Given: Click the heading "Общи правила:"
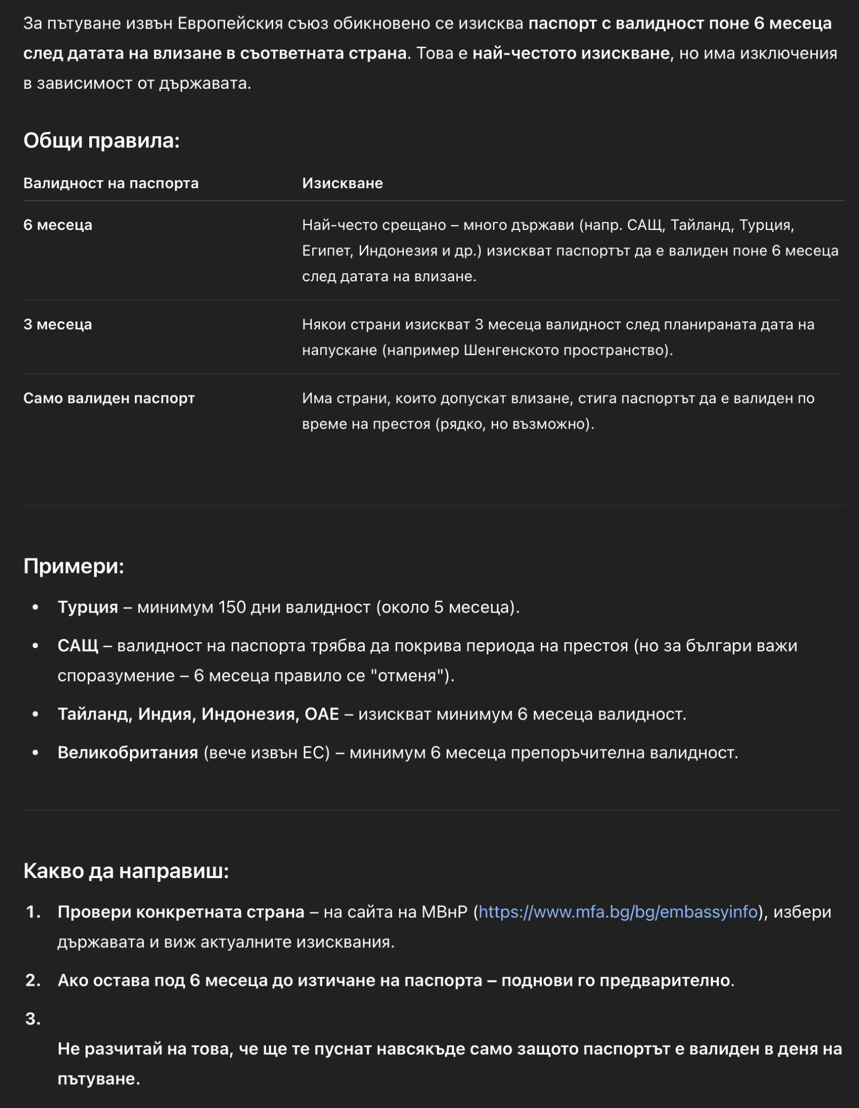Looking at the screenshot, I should [101, 141].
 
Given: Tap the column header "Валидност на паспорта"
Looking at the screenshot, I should [111, 183].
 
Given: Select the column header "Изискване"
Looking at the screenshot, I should [342, 183].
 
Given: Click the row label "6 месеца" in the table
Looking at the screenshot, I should [58, 225].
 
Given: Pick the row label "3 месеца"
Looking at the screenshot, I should [58, 325].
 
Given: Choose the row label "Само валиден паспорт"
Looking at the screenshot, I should [109, 398].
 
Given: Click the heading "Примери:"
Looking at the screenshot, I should [74, 566].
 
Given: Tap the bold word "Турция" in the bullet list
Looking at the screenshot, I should [88, 607].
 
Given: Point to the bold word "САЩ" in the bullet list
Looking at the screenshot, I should [78, 646].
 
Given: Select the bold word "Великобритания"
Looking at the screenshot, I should [128, 753].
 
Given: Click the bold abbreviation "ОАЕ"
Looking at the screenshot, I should [322, 714].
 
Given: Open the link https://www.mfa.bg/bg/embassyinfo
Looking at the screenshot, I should [618, 912].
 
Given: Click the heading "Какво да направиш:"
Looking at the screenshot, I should [126, 871].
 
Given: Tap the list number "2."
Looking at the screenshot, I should [34, 980].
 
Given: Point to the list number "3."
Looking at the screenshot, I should [34, 1019].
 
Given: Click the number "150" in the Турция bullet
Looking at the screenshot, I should [232, 607].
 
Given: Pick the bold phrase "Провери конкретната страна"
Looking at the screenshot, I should [181, 912].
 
